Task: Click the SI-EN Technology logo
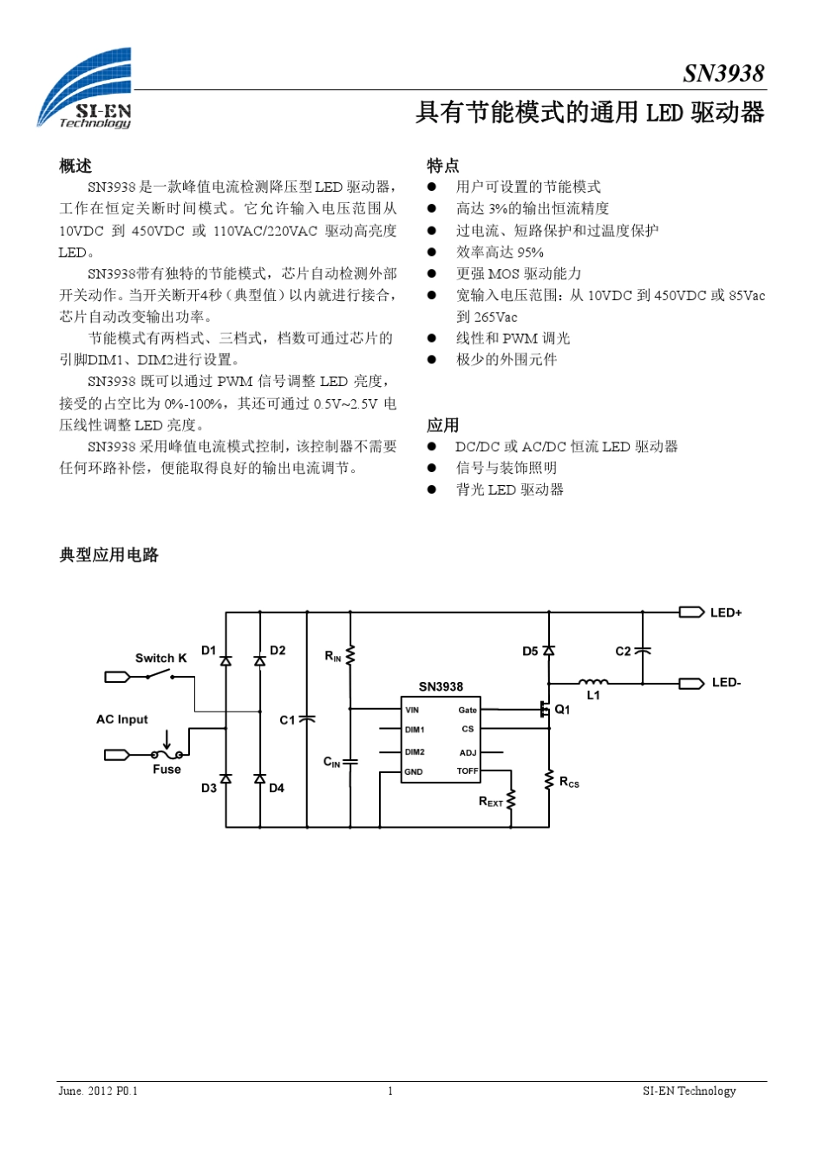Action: (85, 89)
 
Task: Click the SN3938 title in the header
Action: (723, 74)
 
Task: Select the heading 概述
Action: (75, 166)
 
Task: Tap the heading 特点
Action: (442, 166)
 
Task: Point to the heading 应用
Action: (442, 425)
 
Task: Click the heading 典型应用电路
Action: (108, 555)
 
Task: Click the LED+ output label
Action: (725, 613)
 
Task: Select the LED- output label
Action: (726, 683)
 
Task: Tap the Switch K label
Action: (160, 658)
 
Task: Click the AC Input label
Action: (121, 719)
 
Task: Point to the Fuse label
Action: (167, 770)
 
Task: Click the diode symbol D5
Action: (549, 651)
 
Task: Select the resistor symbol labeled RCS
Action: (549, 780)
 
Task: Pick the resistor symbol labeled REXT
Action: (511, 799)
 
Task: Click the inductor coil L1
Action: (593, 682)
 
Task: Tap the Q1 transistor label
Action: (563, 710)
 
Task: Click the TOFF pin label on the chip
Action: (467, 770)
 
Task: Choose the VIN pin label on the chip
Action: (412, 710)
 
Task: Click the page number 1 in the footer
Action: (390, 1092)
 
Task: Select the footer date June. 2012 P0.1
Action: (98, 1092)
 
